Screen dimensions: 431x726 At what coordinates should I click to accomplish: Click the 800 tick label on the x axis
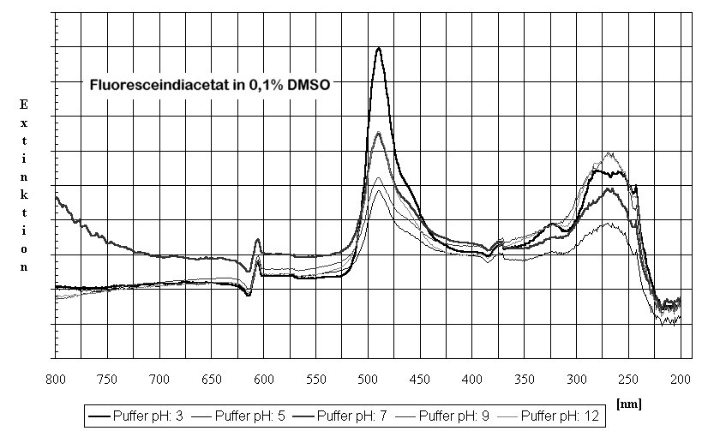coord(57,377)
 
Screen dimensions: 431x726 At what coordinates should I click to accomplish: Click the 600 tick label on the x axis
coord(264,377)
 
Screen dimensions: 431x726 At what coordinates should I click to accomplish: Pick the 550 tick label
coord(316,377)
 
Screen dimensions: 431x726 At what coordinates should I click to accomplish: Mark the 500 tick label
coord(369,377)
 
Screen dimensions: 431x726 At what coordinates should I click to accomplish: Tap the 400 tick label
coord(472,377)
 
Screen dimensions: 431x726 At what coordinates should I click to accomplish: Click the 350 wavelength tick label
coord(525,377)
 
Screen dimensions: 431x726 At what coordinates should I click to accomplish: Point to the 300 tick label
coord(577,377)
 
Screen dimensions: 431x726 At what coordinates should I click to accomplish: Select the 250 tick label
coord(628,377)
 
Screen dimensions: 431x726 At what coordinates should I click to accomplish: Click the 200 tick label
coord(681,377)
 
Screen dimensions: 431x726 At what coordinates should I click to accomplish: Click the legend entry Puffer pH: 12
coord(564,417)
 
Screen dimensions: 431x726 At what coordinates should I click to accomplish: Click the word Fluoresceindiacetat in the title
coord(152,85)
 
